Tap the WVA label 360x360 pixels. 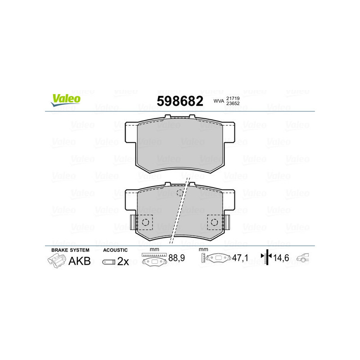pyautogui.click(x=218, y=102)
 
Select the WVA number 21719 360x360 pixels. pyautogui.click(x=233, y=98)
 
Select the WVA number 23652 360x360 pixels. pyautogui.click(x=233, y=104)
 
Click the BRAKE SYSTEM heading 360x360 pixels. pyautogui.click(x=70, y=250)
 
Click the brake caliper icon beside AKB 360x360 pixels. pyautogui.click(x=56, y=261)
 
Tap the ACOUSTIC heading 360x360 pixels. pyautogui.click(x=116, y=250)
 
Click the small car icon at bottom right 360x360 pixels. pyautogui.click(x=305, y=258)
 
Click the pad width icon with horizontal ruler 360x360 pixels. pyautogui.click(x=153, y=260)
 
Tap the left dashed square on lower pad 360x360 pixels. pyautogui.click(x=145, y=222)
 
